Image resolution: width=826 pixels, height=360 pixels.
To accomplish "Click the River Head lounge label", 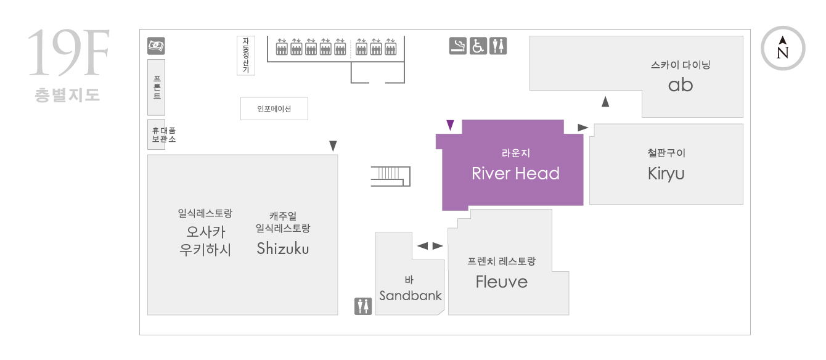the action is [515, 173].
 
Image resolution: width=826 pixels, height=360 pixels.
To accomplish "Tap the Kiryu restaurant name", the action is [666, 174].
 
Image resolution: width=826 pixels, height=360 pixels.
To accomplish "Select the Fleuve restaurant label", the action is [502, 282].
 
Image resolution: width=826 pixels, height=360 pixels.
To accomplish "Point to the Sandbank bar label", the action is [410, 295].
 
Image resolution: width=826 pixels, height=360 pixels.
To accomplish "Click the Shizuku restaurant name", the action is [283, 248].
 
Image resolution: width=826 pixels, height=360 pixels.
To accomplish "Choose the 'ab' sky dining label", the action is [681, 85].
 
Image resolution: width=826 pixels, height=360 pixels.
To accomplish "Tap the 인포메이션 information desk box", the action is [274, 109].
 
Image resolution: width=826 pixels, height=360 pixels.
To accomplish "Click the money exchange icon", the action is [156, 46].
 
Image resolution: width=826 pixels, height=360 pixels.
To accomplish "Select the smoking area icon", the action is [457, 46].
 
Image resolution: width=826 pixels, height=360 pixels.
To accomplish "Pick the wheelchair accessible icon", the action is [478, 46].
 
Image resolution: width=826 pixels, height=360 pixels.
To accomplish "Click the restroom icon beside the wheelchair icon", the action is [498, 46].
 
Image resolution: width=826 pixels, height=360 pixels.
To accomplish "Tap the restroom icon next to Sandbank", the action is [363, 306].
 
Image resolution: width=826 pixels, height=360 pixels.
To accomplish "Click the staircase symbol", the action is [391, 176].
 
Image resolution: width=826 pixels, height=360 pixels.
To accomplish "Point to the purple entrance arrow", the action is [450, 125].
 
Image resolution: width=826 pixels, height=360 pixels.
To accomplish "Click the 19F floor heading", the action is [68, 52].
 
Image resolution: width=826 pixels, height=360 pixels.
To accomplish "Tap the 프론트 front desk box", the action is [157, 88].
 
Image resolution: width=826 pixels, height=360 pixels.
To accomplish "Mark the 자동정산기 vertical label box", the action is [246, 55].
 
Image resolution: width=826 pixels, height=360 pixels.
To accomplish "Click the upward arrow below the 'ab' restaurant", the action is [605, 102].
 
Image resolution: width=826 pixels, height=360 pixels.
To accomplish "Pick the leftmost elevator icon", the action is [282, 47].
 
